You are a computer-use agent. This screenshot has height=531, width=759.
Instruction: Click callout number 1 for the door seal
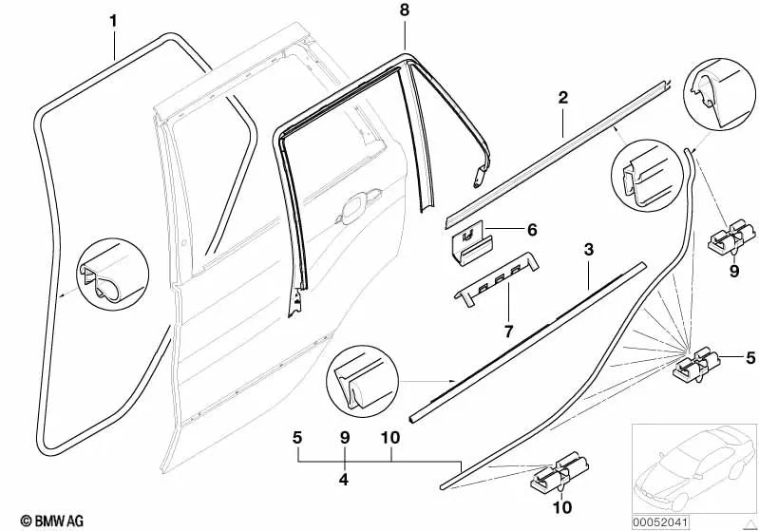[114, 20]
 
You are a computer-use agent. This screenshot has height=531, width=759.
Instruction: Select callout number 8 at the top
[404, 10]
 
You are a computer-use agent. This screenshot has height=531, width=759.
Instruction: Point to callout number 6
[531, 230]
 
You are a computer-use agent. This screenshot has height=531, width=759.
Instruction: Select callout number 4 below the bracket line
[344, 481]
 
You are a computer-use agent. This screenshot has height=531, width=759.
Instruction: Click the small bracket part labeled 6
[469, 237]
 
